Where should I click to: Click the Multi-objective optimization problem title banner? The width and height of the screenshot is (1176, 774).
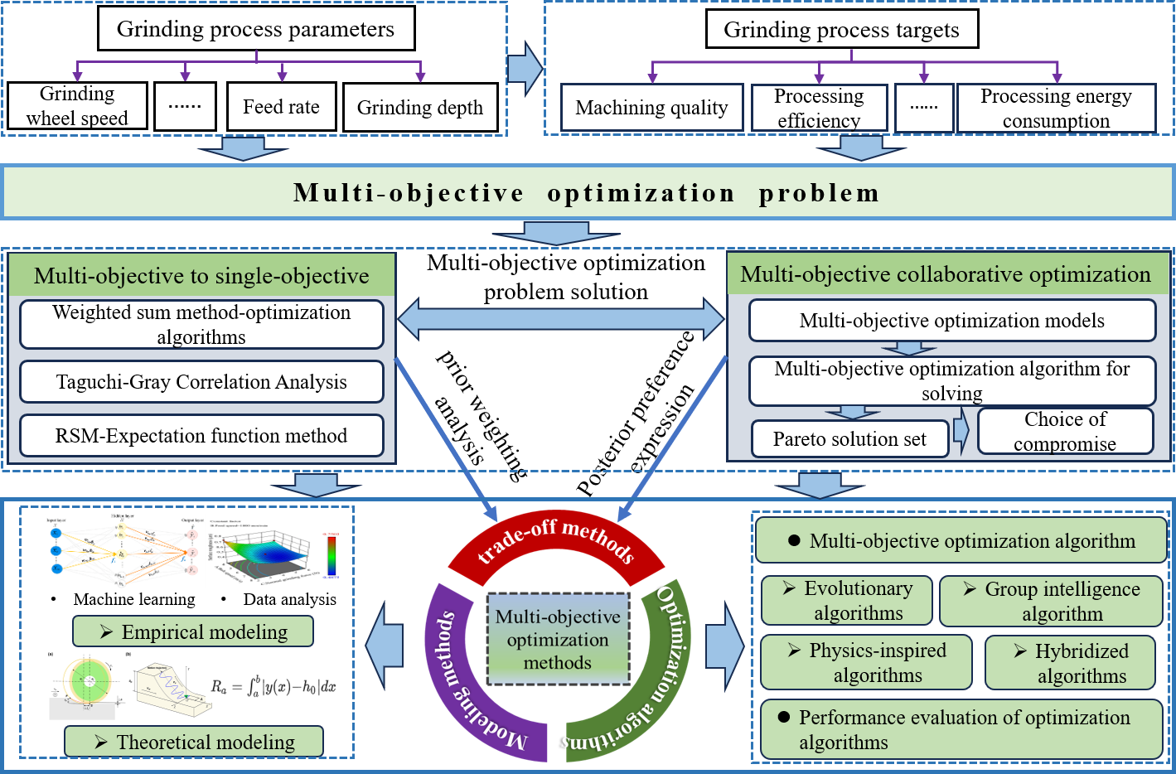click(587, 192)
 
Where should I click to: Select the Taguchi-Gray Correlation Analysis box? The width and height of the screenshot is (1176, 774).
click(201, 382)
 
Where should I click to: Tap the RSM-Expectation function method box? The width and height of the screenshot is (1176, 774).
click(201, 436)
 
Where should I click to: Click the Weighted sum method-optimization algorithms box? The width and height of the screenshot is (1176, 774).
click(201, 324)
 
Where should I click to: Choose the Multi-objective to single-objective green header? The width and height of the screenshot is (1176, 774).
click(201, 276)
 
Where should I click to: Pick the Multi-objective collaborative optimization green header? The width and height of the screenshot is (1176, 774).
click(946, 274)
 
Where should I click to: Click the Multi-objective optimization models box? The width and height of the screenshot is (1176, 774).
click(951, 321)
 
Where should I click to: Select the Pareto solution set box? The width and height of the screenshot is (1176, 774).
click(849, 439)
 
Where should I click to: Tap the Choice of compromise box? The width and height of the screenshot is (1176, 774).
click(1065, 431)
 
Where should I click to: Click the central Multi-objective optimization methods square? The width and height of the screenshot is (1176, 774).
click(558, 639)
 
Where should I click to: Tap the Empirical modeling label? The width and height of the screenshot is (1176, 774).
click(193, 631)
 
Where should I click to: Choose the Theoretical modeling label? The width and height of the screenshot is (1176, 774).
click(194, 742)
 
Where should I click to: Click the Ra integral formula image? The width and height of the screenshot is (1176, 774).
click(274, 686)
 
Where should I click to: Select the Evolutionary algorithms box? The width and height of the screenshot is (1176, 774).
click(846, 601)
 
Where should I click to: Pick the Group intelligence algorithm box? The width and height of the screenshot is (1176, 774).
click(1051, 602)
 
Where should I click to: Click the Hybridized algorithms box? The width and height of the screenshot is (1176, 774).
click(1070, 663)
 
